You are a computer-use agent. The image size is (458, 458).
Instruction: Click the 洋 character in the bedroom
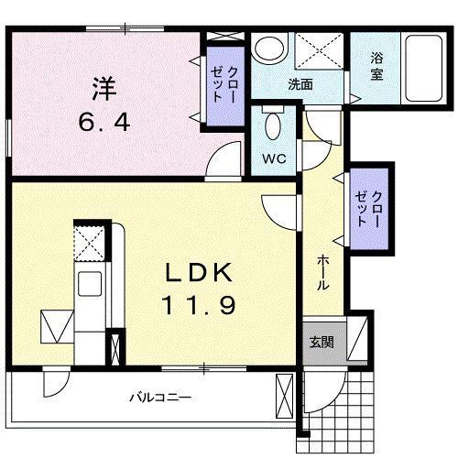(103, 89)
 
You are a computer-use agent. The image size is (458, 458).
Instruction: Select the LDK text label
(202, 272)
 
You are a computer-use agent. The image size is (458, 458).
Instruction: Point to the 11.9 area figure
(202, 303)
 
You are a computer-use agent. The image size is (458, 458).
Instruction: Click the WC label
(276, 158)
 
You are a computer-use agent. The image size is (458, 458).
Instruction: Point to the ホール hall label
(322, 271)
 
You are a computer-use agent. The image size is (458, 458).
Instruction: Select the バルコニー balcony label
(159, 398)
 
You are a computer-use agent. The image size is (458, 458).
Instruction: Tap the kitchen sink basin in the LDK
(92, 286)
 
